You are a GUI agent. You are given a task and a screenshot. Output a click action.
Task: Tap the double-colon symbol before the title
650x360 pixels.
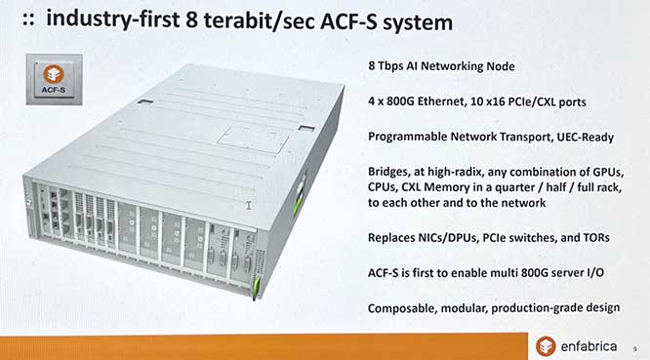28,20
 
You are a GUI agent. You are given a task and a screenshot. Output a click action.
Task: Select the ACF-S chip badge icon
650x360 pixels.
54,79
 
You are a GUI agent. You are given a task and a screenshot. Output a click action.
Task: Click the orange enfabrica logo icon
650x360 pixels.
546,346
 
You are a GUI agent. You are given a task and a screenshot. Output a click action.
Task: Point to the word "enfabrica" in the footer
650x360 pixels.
589,346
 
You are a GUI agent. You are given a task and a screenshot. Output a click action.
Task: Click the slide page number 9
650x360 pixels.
634,349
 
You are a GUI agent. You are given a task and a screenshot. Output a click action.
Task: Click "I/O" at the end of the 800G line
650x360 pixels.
594,272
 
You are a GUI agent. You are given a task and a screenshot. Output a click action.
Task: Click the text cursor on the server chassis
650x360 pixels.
249,205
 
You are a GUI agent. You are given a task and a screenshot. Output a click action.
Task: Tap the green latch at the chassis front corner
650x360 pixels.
256,285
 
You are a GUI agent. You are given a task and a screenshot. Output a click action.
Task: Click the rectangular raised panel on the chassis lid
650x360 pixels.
254,139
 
